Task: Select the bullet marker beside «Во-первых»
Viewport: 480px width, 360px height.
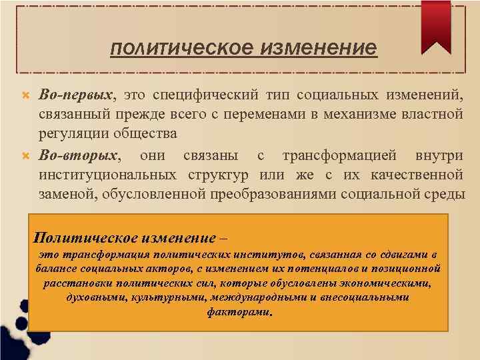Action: point(26,96)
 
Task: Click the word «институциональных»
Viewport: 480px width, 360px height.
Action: point(107,175)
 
